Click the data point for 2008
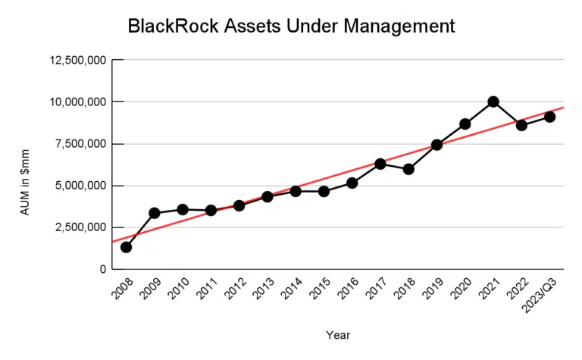click(x=126, y=247)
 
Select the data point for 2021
click(x=493, y=102)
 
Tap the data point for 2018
click(x=408, y=169)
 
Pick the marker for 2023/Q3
click(x=549, y=117)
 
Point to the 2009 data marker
click(x=155, y=213)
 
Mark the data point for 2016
click(x=352, y=183)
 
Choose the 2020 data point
click(x=465, y=124)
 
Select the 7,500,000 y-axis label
click(x=78, y=144)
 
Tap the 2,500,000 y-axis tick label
click(x=78, y=227)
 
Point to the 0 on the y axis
click(x=101, y=269)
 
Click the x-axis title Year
click(x=338, y=334)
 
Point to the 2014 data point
click(x=296, y=191)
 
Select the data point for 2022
click(x=521, y=125)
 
